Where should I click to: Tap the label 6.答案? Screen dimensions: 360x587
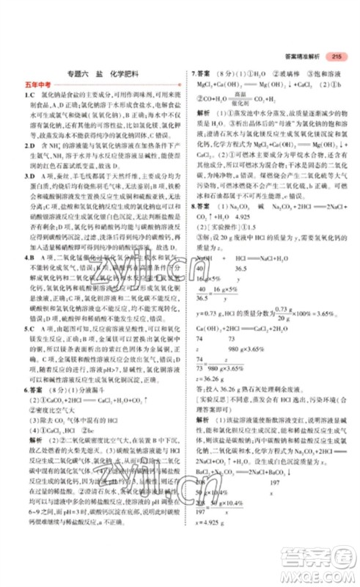pos(37,370)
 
